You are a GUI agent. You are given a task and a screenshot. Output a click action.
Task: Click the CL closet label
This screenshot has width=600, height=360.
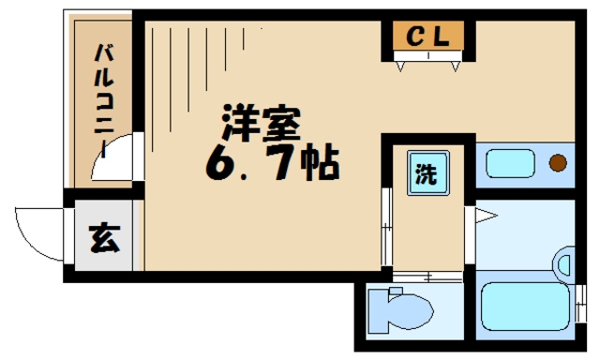(x=427, y=37)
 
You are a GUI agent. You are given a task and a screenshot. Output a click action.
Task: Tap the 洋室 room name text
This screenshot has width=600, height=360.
(x=262, y=123)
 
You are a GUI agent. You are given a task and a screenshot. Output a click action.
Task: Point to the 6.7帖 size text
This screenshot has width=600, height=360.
(x=273, y=163)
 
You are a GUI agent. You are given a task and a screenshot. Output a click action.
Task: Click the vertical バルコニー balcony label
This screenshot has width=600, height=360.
(x=104, y=100)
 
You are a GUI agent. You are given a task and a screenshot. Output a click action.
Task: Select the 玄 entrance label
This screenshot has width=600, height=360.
(x=104, y=237)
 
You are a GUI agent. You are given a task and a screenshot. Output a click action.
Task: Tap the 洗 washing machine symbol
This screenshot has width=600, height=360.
(x=427, y=173)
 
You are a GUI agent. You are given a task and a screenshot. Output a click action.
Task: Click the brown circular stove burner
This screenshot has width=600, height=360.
(x=558, y=163)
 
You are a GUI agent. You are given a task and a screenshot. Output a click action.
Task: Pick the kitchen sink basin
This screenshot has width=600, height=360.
(x=510, y=163)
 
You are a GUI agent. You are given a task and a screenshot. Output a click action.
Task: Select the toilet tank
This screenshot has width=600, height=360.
(x=378, y=311)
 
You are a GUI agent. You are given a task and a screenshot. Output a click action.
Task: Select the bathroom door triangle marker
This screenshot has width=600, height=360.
(x=486, y=216)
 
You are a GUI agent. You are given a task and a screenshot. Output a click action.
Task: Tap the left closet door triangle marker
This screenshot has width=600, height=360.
(x=400, y=67)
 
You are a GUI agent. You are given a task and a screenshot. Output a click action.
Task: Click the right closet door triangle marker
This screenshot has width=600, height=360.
(x=455, y=67)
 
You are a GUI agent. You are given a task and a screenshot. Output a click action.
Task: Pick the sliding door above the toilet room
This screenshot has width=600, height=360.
(x=427, y=277)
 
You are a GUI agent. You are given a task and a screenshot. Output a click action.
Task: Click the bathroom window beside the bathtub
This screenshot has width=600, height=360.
(x=581, y=303)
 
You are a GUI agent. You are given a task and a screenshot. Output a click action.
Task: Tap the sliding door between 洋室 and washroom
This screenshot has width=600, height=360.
(x=387, y=227)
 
